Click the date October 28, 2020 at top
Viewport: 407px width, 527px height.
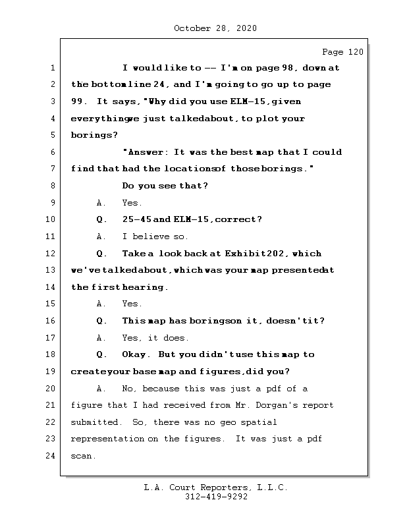click(215, 28)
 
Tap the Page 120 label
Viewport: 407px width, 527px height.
click(342, 52)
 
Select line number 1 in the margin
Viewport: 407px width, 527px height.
click(52, 68)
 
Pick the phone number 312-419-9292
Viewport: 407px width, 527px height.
click(215, 497)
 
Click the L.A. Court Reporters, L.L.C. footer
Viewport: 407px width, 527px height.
click(215, 487)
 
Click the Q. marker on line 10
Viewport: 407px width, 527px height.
click(101, 220)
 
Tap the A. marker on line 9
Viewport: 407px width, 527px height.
click(101, 203)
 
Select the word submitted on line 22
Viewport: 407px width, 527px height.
click(95, 422)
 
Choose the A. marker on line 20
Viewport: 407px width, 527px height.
click(101, 389)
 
